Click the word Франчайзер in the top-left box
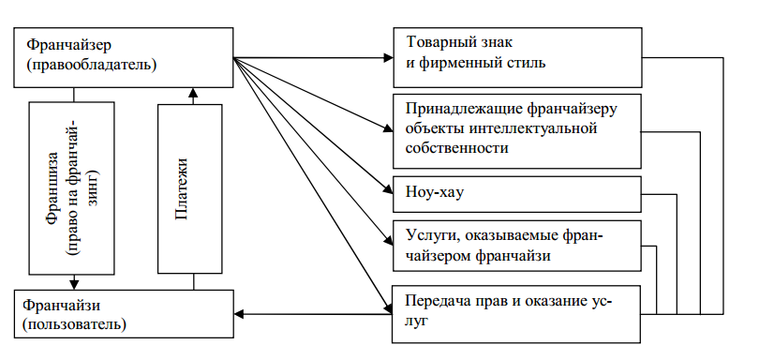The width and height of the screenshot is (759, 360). [67, 44]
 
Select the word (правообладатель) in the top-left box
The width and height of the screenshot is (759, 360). [92, 65]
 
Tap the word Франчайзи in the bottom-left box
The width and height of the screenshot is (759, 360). [63, 305]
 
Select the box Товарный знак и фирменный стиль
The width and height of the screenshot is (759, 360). [514, 54]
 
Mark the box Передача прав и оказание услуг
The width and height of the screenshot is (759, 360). [514, 311]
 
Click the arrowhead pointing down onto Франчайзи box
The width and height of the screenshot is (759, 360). [74, 284]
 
